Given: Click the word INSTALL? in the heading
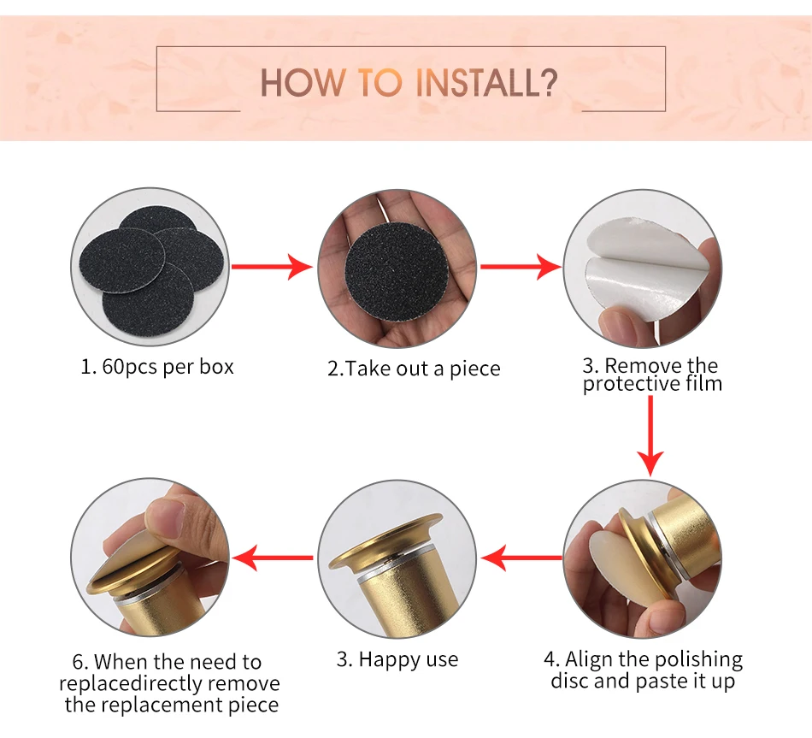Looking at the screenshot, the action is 487,83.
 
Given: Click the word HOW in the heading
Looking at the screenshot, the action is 303,83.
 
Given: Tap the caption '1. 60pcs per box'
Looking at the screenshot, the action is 157,367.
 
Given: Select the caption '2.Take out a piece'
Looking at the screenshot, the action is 414,369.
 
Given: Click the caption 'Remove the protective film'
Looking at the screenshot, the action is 652,375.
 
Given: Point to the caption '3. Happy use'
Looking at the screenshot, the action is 397,659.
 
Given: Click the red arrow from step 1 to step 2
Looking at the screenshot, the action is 272,267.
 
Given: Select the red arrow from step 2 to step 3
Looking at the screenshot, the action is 521,267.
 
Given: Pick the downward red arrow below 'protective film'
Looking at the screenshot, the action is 650,436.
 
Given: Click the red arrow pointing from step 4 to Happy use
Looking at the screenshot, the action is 521,558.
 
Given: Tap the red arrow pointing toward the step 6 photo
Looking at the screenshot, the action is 273,558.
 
